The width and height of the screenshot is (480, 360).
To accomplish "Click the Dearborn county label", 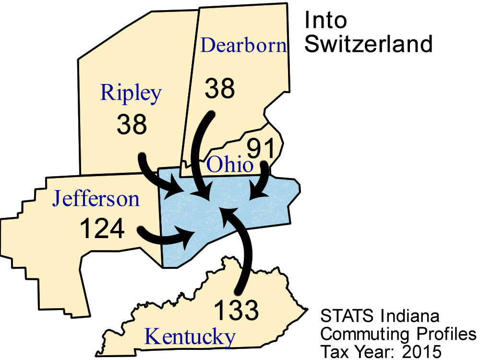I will [x=243, y=45].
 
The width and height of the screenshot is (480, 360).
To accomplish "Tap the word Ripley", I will [x=131, y=92].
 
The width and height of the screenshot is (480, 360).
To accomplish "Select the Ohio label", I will [x=229, y=166].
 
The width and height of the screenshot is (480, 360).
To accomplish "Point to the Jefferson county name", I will [x=96, y=198].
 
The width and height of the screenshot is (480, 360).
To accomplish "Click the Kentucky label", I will [x=190, y=336].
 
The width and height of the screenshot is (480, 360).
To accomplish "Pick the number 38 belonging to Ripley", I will [x=132, y=124].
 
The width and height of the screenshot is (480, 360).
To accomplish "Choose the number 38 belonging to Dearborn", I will [x=220, y=88].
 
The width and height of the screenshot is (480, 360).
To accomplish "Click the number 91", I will [x=262, y=149].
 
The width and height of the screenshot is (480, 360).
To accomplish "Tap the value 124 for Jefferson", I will [x=102, y=228].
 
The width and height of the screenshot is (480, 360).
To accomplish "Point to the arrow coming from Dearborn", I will [x=198, y=154].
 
